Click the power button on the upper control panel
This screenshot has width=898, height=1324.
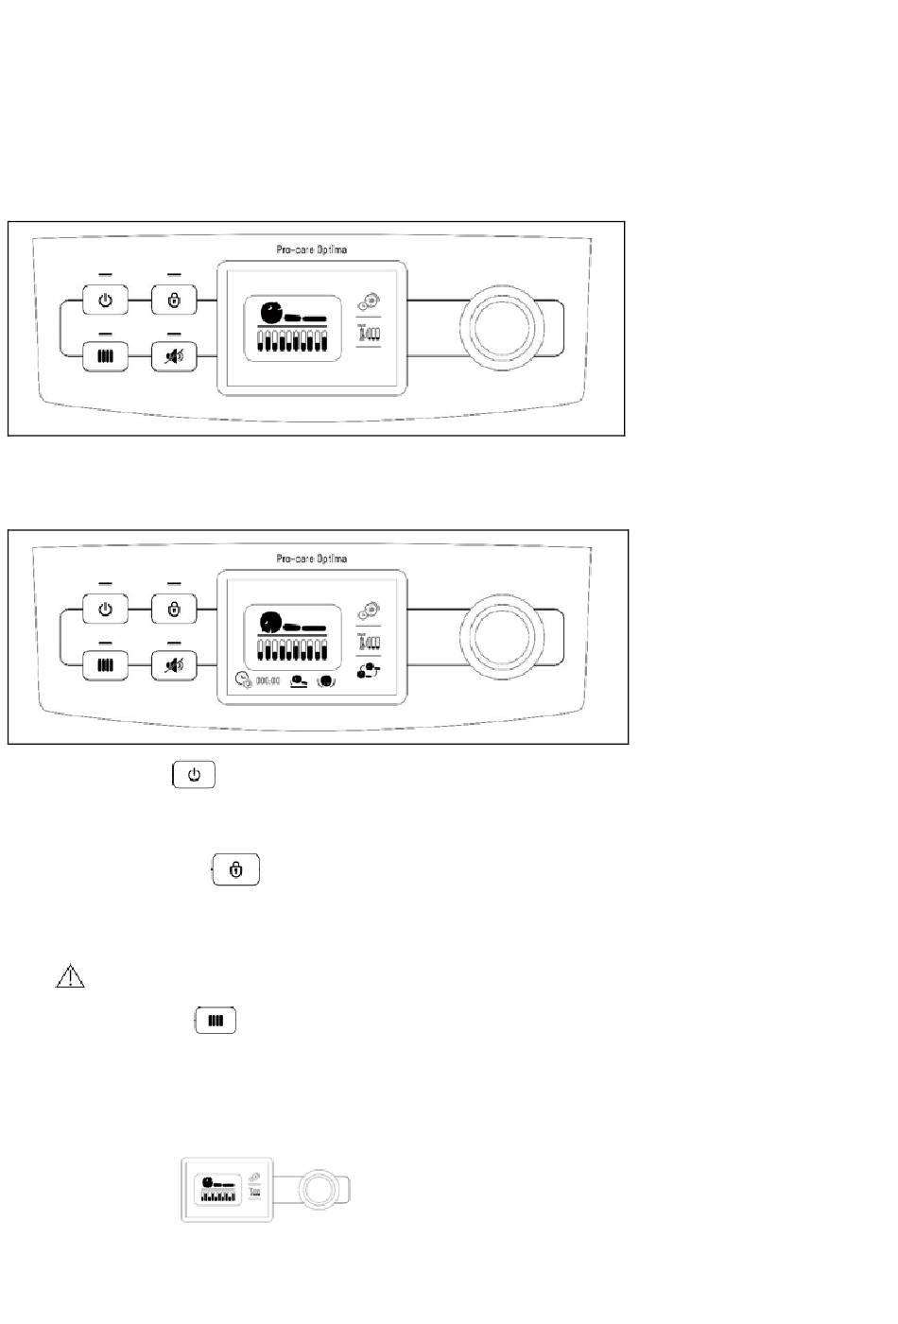click(105, 301)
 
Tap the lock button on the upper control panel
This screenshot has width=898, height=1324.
click(174, 301)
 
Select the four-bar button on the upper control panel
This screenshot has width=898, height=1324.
click(105, 356)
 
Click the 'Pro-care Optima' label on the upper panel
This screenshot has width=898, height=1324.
click(311, 249)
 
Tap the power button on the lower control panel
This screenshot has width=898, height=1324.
click(105, 610)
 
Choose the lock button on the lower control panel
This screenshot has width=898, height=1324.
click(174, 610)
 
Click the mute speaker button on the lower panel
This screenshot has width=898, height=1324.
click(174, 665)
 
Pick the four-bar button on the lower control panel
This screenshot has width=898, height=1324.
click(105, 665)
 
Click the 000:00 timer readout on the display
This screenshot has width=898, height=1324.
click(268, 680)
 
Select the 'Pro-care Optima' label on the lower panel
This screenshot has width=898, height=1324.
click(311, 559)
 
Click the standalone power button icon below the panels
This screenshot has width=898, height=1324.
click(194, 775)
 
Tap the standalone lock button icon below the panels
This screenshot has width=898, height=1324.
click(236, 870)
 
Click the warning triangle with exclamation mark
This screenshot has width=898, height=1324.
click(70, 977)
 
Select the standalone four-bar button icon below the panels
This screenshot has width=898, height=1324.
click(216, 1021)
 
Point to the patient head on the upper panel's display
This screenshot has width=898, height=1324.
click(270, 309)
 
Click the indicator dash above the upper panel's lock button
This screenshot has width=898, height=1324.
click(174, 275)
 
